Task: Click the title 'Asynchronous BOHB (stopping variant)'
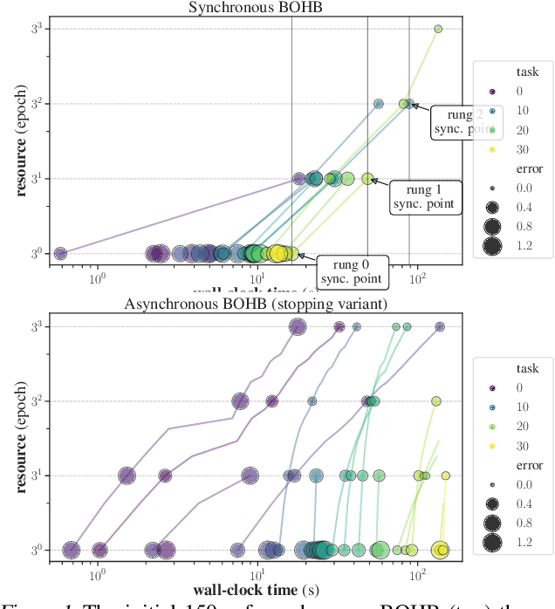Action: [257, 304]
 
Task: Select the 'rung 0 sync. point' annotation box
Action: [351, 271]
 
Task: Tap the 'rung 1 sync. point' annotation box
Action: [424, 197]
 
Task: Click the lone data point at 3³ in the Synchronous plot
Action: [438, 29]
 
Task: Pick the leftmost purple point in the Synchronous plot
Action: [60, 254]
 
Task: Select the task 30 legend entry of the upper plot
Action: [492, 149]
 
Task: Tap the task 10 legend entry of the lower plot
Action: [492, 407]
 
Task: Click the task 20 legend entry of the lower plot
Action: [492, 427]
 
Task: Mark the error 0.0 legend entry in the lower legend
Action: [492, 484]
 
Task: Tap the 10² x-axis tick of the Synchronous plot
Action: [418, 277]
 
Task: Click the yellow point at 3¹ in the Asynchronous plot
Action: [445, 476]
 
